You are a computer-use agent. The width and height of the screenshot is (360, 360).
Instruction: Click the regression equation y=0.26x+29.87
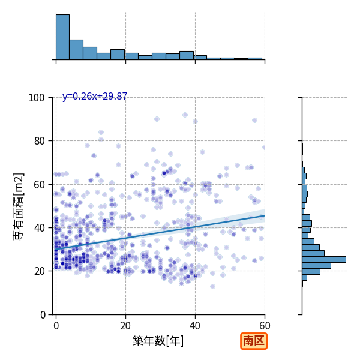[x=95, y=96]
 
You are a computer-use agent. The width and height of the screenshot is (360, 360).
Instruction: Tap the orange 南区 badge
[x=254, y=341]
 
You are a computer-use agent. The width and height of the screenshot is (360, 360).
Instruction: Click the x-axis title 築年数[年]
[x=158, y=341]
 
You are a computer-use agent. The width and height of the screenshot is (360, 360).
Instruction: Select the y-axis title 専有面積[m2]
[x=19, y=206]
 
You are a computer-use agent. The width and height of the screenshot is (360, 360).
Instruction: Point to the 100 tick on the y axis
[x=37, y=98]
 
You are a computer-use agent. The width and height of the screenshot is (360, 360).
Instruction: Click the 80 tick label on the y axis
[x=39, y=141]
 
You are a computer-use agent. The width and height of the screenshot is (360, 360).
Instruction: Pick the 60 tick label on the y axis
[x=39, y=184]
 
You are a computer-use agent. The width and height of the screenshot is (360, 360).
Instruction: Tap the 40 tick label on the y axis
[x=39, y=228]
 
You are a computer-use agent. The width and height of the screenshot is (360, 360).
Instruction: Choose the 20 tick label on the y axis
[x=39, y=271]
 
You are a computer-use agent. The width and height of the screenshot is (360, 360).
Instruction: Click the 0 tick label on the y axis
[x=43, y=314]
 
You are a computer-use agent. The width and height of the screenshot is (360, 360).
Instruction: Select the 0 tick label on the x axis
[x=56, y=326]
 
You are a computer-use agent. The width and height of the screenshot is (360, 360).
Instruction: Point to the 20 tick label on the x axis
[x=125, y=326]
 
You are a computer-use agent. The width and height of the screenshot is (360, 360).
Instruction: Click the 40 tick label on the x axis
[x=195, y=326]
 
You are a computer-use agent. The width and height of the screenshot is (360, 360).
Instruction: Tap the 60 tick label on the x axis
[x=265, y=326]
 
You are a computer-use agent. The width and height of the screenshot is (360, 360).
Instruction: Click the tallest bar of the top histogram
[x=62, y=37]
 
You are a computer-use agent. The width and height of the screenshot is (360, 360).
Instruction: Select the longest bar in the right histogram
[x=324, y=259]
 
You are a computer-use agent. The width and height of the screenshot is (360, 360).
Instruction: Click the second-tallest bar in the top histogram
[x=76, y=50]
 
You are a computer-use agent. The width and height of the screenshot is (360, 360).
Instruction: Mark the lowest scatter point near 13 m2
[x=212, y=286]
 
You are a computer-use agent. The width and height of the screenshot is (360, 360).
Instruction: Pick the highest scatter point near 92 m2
[x=185, y=115]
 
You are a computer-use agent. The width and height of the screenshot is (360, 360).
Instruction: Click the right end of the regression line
[x=265, y=215]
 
